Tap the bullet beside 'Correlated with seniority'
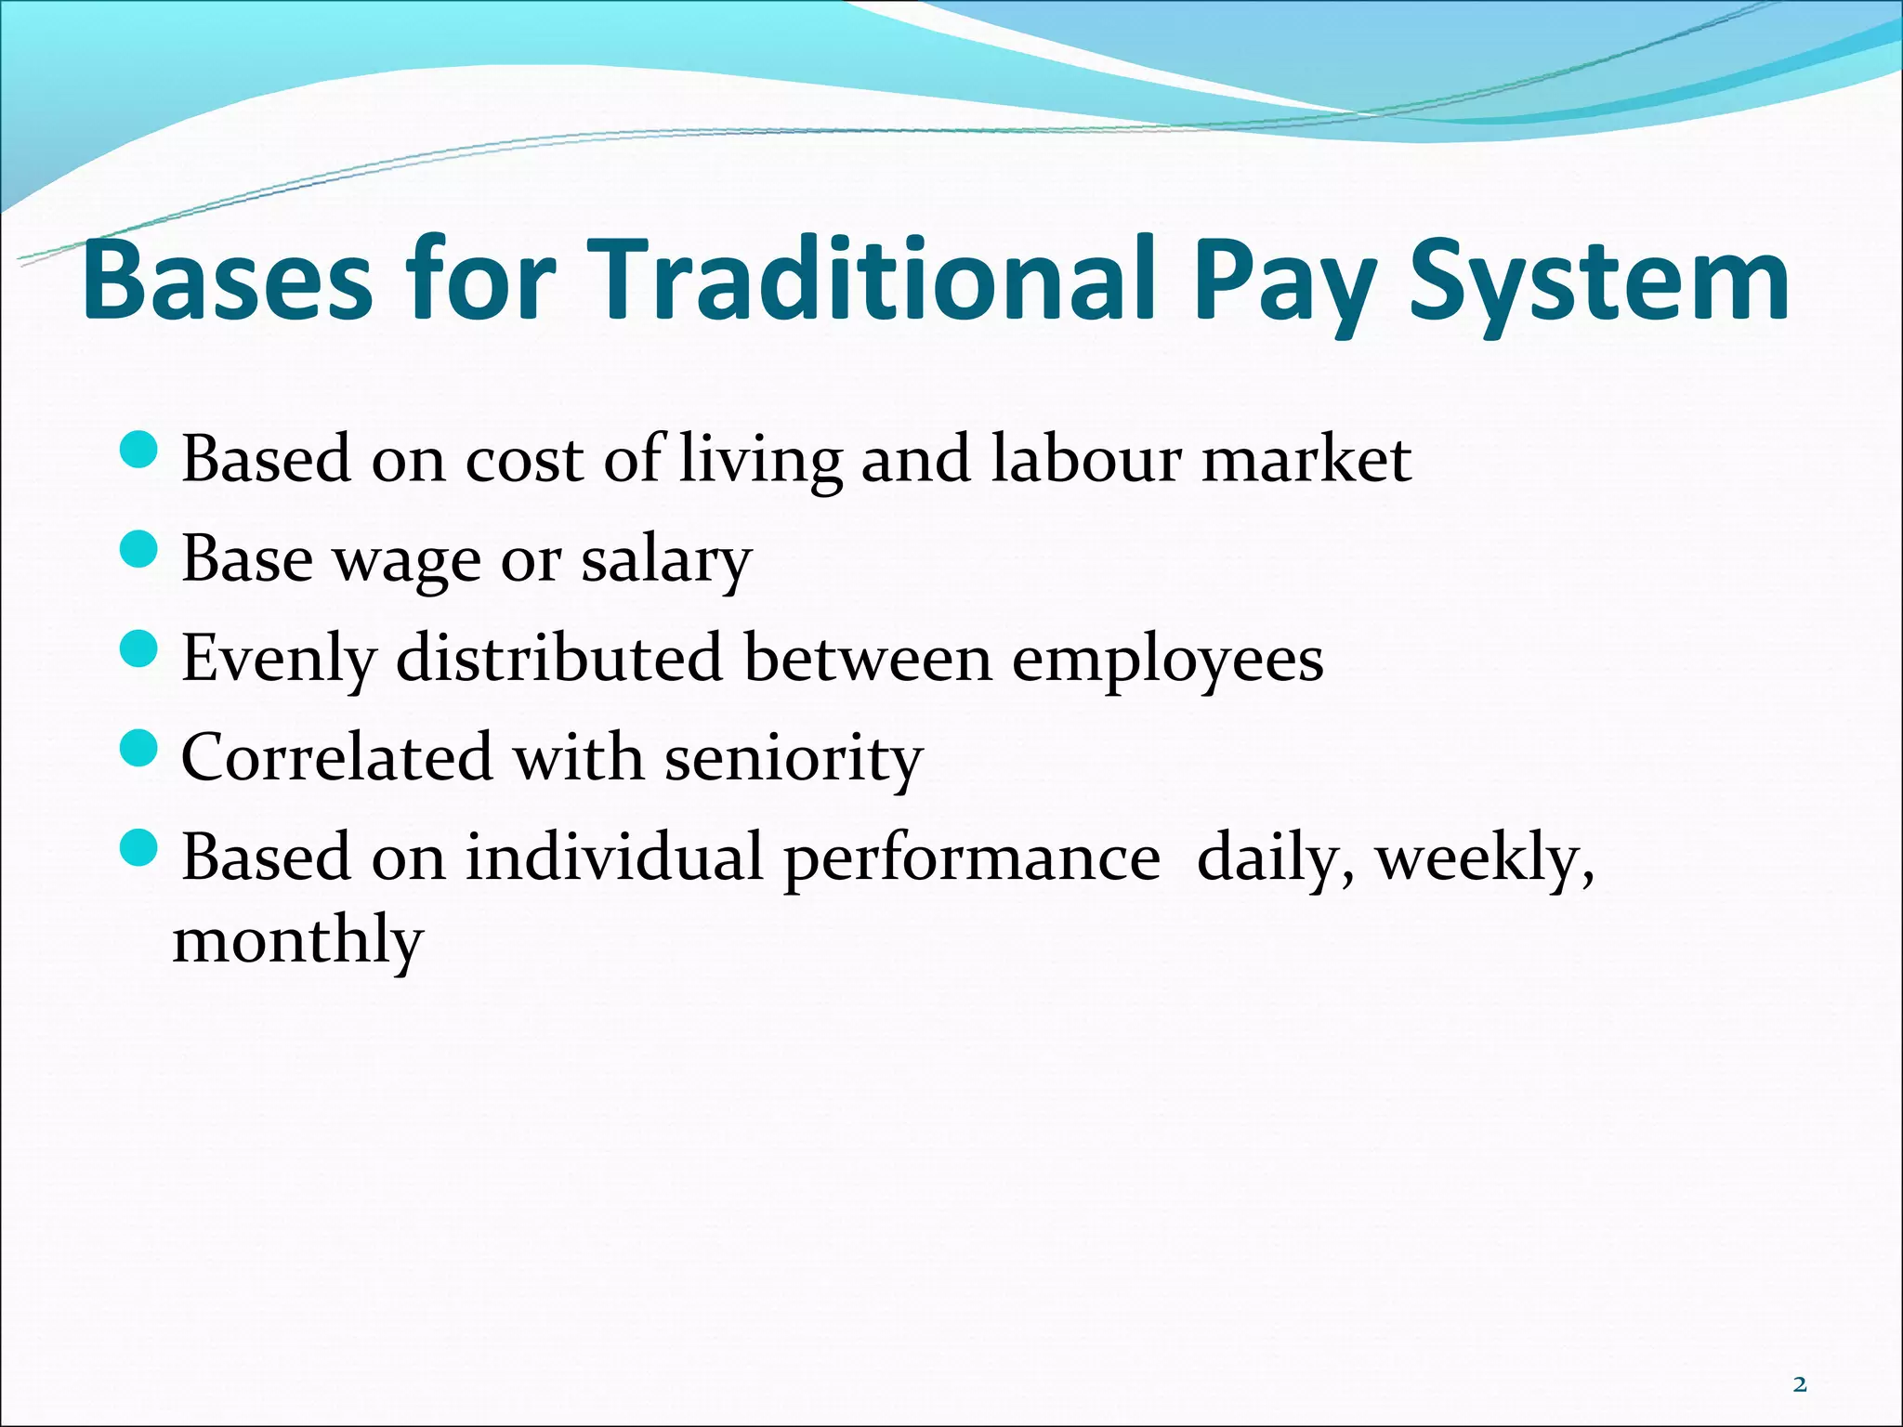(x=140, y=748)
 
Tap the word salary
(x=666, y=559)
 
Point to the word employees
(x=1167, y=660)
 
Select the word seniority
(x=793, y=758)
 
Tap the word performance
(x=972, y=858)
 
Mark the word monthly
(x=298, y=940)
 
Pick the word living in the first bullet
(x=760, y=460)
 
